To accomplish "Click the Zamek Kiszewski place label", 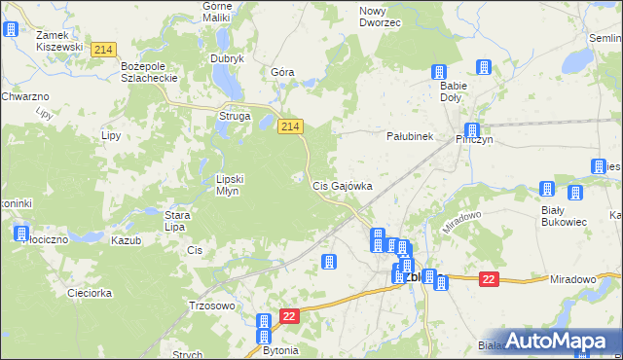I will click(x=58, y=40).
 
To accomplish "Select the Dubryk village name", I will click(x=227, y=58).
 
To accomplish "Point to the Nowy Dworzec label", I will click(x=380, y=16).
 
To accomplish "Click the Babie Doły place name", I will click(x=453, y=91).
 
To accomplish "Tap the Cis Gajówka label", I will click(x=342, y=185).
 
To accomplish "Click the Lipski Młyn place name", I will click(x=234, y=185).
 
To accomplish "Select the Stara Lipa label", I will click(x=175, y=221).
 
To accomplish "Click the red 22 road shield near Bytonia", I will click(x=289, y=317).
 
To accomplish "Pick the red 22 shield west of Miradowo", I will click(x=489, y=280).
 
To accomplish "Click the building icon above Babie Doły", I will click(x=439, y=72).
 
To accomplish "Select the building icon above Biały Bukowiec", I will click(x=547, y=190).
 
